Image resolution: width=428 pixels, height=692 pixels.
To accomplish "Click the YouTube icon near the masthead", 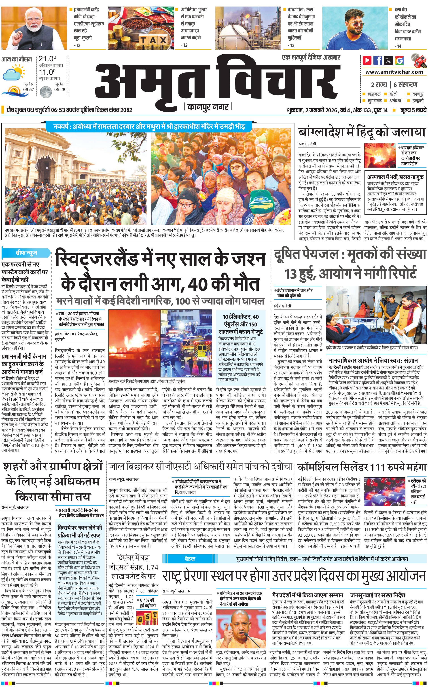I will click(x=367, y=60).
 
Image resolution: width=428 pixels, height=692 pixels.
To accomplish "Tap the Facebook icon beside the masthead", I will click(x=378, y=60).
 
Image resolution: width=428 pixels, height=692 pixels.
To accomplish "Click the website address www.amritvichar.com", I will click(x=394, y=72).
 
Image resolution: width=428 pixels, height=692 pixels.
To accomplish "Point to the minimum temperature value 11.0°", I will click(x=47, y=72).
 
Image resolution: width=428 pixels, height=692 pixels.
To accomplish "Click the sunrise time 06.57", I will click(x=29, y=89).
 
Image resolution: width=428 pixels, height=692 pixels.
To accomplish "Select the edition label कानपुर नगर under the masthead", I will click(x=208, y=107).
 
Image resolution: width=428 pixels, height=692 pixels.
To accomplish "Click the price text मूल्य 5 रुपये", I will click(x=413, y=110).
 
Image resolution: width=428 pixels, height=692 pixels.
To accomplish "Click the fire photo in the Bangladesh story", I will click(x=380, y=155).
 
